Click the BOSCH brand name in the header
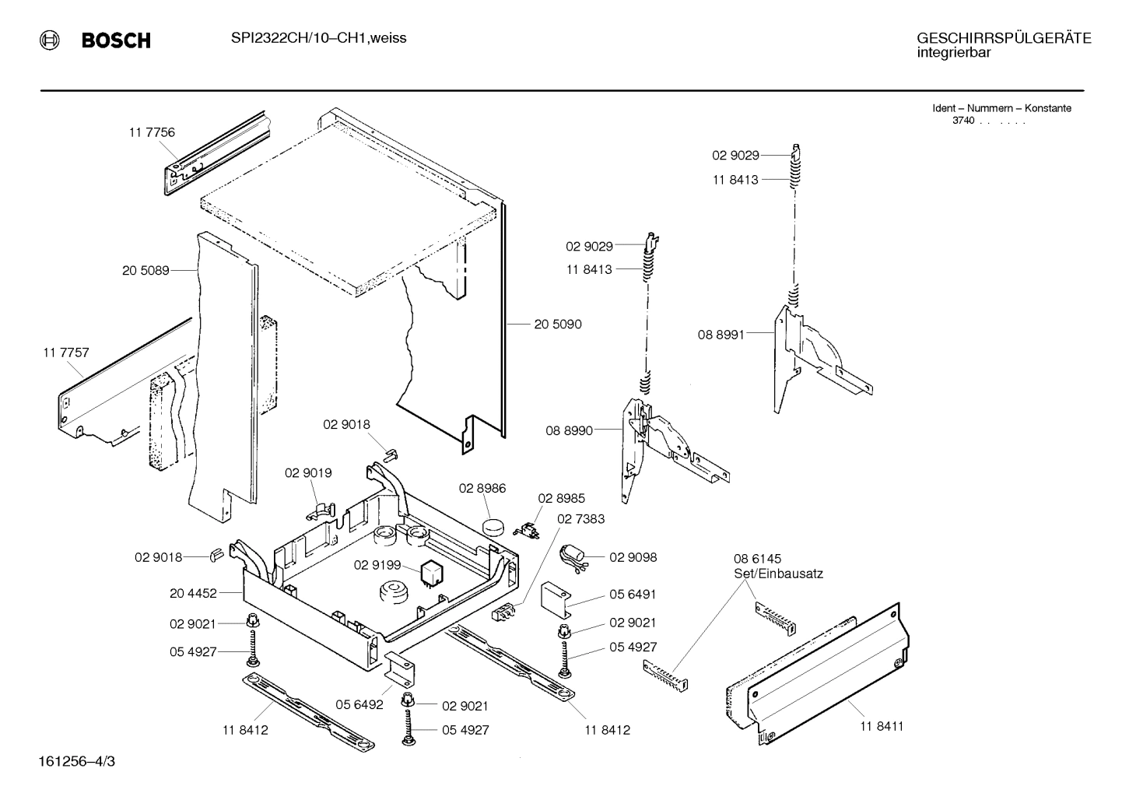click(x=116, y=40)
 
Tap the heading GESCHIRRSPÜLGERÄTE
click(x=1003, y=37)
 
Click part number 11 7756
click(x=152, y=132)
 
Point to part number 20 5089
click(x=146, y=271)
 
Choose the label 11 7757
click(x=66, y=353)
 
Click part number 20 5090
click(x=557, y=324)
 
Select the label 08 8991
click(x=721, y=335)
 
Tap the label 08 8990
click(x=569, y=430)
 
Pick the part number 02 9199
click(x=377, y=565)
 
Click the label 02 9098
click(x=633, y=557)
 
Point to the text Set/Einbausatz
click(x=778, y=574)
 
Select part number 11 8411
click(x=882, y=726)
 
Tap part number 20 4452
click(x=193, y=593)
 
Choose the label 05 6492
click(x=359, y=705)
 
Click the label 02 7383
click(x=580, y=518)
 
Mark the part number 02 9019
click(x=308, y=472)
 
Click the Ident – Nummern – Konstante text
click(x=1001, y=108)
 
